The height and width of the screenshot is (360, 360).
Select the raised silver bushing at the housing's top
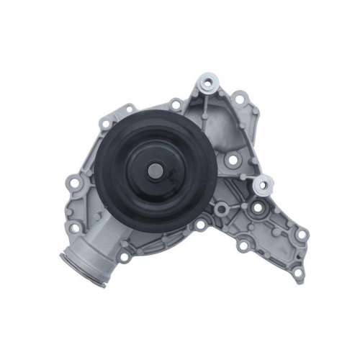(209, 83)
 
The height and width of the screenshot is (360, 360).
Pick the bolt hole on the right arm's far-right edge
(303, 234)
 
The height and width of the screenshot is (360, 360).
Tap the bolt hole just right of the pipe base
(124, 253)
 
